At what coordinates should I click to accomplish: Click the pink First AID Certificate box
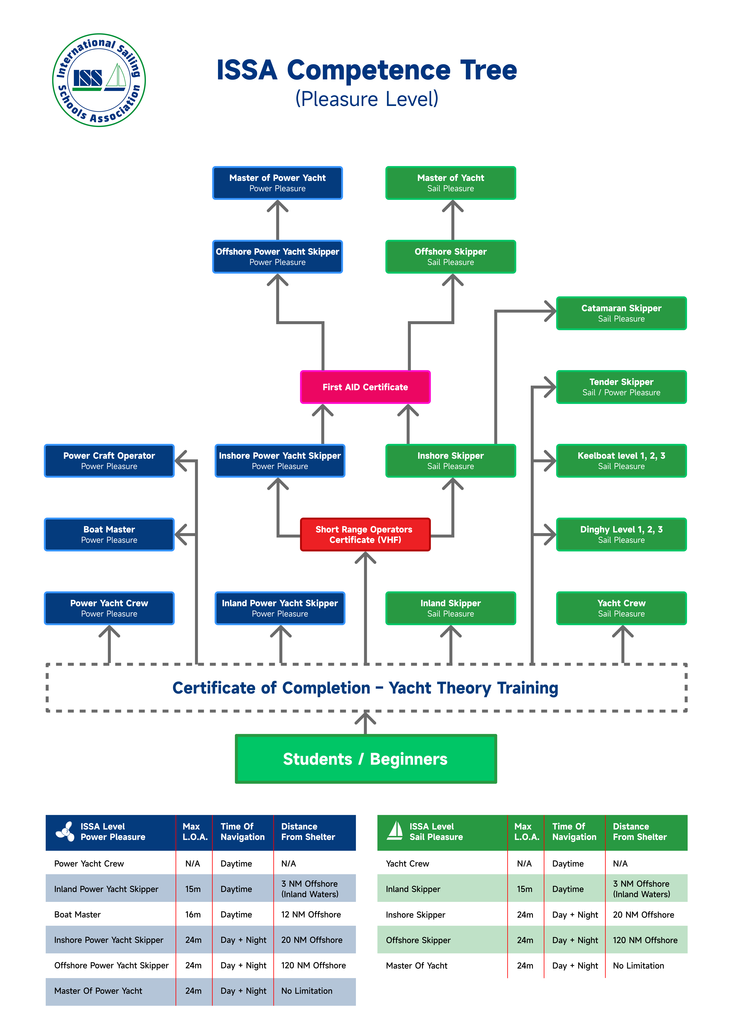tap(365, 387)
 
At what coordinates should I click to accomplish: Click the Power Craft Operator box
tap(109, 461)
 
